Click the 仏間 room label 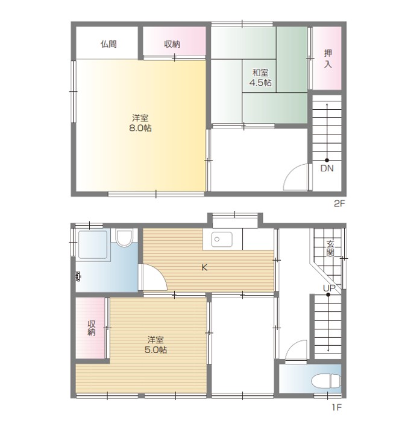(x=108, y=44)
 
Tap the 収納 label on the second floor (x=172, y=44)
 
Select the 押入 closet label (x=328, y=59)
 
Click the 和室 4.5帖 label (x=260, y=78)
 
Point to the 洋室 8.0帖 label (x=140, y=123)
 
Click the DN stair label (x=327, y=168)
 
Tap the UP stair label (x=329, y=288)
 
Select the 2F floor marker (x=339, y=203)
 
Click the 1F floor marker (x=336, y=407)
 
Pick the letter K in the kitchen (x=204, y=268)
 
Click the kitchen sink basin (x=222, y=240)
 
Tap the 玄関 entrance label (x=330, y=249)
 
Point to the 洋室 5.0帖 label (x=155, y=345)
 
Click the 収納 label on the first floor (x=92, y=328)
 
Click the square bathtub (x=93, y=244)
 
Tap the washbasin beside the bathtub (x=124, y=237)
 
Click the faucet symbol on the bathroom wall (x=78, y=276)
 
